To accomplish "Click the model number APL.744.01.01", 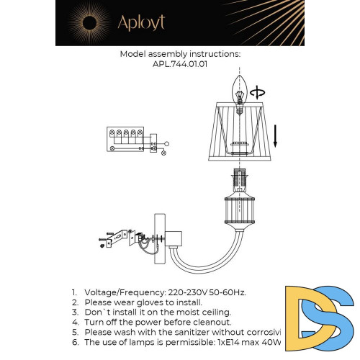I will [180, 63].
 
